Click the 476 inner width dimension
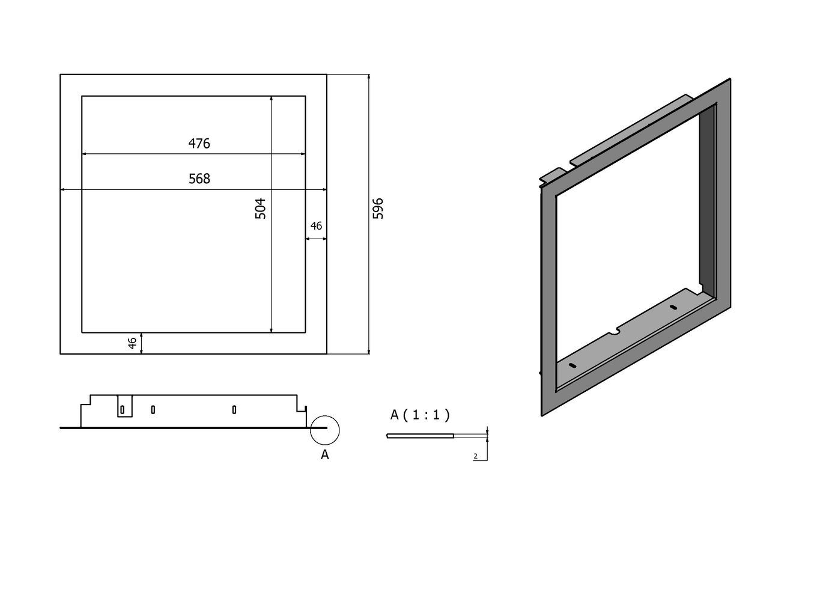(x=199, y=143)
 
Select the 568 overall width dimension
(x=199, y=178)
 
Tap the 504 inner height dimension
(x=260, y=209)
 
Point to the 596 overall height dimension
(x=378, y=209)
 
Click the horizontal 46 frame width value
(x=316, y=226)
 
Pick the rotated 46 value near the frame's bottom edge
(x=132, y=343)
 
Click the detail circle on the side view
(x=324, y=430)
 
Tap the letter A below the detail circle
(x=324, y=455)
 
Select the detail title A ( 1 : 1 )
(x=420, y=415)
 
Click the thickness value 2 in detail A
(x=476, y=456)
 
